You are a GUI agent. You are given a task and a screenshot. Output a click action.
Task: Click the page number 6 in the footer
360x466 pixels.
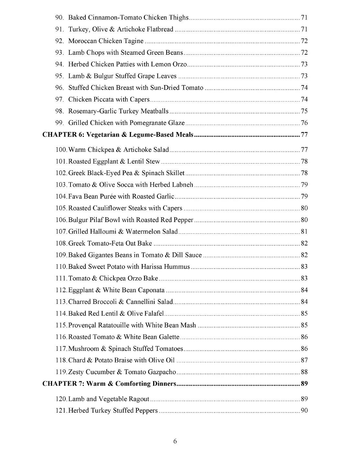[175, 441]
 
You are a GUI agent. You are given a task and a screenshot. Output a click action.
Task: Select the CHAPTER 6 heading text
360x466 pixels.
[118, 135]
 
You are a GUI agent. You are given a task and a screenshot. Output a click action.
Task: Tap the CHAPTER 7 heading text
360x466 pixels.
[109, 384]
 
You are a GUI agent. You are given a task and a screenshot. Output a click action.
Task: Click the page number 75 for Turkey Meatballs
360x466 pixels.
[304, 111]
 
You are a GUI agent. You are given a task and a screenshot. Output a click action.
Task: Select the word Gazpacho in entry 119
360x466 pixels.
[164, 372]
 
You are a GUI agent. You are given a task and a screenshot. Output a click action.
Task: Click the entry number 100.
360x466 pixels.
[61, 150]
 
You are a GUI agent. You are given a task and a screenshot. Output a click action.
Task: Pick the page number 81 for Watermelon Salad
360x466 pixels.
[304, 232]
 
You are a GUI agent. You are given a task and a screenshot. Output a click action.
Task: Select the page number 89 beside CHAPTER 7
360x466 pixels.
[304, 384]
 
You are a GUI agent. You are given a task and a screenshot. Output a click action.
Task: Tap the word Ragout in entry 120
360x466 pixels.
[139, 399]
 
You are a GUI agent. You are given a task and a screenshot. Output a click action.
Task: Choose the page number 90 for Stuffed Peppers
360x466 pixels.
[304, 411]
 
